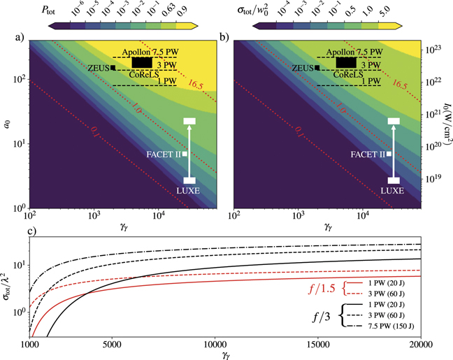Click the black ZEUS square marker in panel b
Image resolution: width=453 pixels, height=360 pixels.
point(317,67)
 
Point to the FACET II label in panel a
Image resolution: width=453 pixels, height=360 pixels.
point(164,154)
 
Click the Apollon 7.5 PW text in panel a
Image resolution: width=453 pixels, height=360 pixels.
point(150,52)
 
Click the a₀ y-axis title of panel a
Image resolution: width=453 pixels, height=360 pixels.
point(6,124)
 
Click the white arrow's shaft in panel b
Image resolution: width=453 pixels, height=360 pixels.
point(394,150)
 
